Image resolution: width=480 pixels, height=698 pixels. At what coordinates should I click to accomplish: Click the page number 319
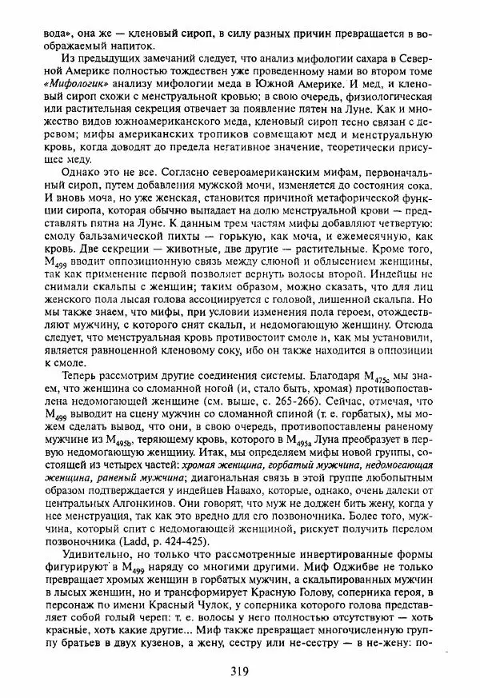click(240, 670)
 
